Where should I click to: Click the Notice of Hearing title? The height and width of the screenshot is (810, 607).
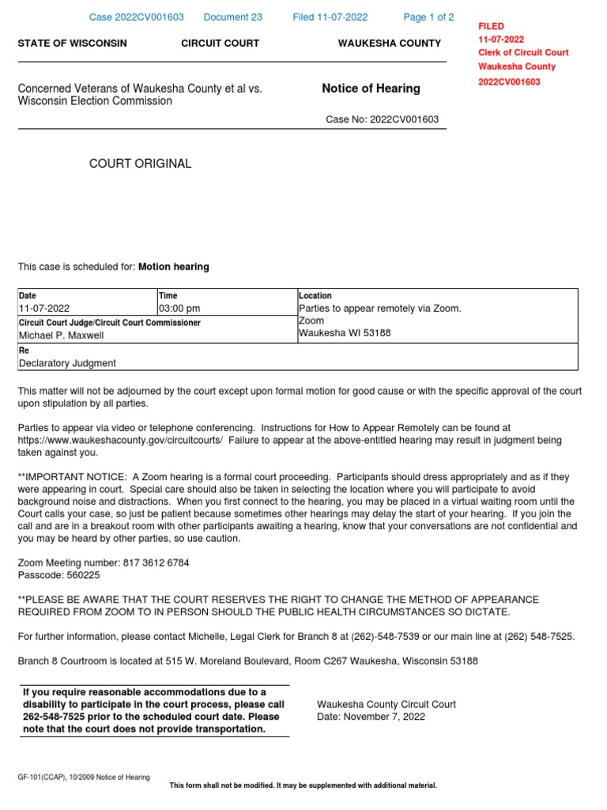371,89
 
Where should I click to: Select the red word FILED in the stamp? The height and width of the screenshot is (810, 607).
491,26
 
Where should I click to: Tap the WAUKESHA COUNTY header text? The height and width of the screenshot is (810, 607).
389,44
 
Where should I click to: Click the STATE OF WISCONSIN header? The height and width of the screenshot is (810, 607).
72,44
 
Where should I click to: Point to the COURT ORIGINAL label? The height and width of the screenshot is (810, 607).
141,164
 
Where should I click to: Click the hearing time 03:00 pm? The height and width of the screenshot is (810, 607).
180,308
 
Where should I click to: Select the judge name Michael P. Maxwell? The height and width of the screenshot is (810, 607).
61,335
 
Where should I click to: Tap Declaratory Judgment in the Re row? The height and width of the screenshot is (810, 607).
67,363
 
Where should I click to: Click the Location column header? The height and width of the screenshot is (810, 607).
315,296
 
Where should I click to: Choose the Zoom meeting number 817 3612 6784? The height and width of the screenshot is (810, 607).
156,563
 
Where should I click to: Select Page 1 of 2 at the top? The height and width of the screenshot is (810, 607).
428,17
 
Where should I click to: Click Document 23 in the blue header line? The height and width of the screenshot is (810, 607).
232,17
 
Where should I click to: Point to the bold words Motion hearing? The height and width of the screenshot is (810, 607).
174,267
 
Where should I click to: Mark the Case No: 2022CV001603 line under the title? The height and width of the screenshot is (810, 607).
383,120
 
